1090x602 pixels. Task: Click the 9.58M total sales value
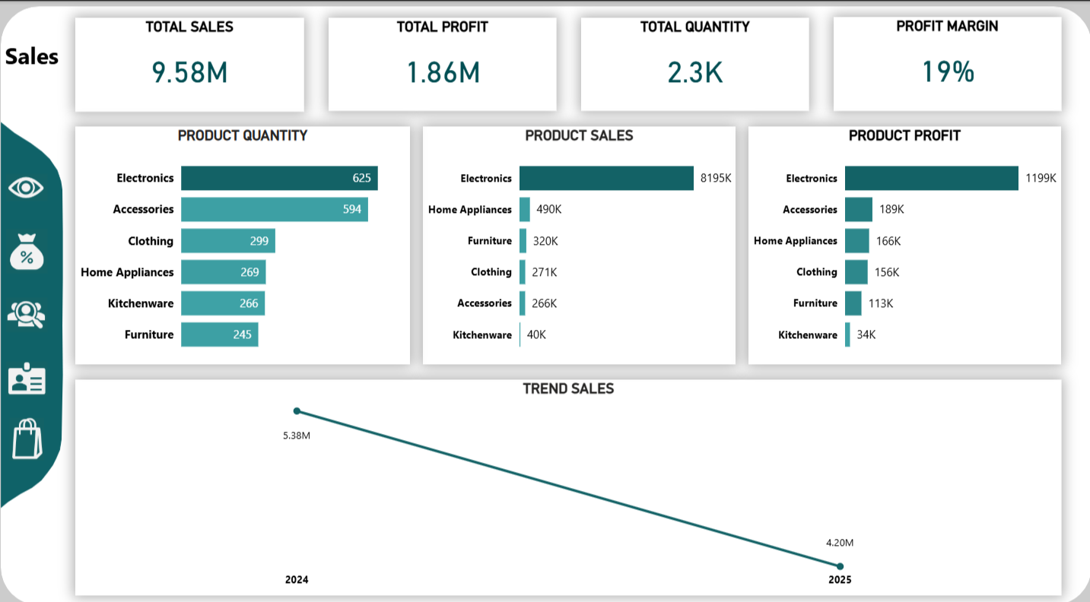tap(189, 73)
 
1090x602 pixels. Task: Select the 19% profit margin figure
tap(948, 72)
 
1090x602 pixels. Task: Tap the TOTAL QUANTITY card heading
tap(694, 27)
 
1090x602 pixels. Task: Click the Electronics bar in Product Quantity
tap(278, 178)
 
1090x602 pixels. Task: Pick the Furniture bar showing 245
tap(219, 334)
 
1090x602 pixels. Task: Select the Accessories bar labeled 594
tap(274, 209)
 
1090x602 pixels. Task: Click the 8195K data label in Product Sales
tap(716, 178)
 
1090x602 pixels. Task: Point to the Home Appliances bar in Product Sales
tap(525, 209)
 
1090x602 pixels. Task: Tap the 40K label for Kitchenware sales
tap(535, 334)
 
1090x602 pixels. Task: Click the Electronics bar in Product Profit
tap(931, 178)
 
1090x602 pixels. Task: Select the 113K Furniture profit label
tap(880, 303)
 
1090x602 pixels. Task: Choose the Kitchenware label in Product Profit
tap(807, 335)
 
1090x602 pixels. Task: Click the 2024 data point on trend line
tap(297, 411)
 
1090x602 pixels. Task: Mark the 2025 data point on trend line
tap(840, 566)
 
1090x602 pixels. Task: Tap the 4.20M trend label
tap(840, 543)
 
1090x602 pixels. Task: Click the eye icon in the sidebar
tap(26, 187)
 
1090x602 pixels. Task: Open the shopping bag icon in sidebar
tap(27, 439)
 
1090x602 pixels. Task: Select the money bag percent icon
tap(26, 252)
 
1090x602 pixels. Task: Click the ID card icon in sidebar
tap(27, 379)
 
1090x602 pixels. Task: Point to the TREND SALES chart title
tap(568, 389)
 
